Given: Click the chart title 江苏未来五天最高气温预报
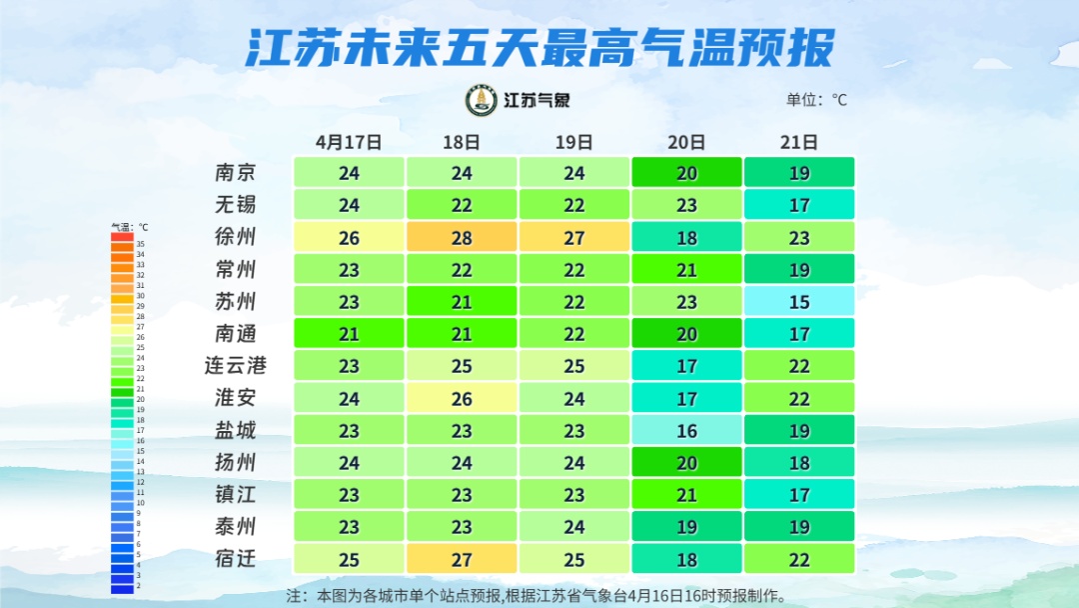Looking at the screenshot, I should [x=539, y=47].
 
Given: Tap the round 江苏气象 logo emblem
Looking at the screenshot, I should [x=482, y=100].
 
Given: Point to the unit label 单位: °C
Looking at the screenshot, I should [x=815, y=100].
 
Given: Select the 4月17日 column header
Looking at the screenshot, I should [x=348, y=142].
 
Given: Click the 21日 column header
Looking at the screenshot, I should [x=799, y=142].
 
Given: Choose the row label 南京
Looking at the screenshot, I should [x=236, y=172].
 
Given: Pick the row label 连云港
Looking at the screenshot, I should [x=236, y=365].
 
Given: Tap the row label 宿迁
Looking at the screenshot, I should [x=236, y=558].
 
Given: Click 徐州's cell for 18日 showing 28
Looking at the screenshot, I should [x=462, y=237].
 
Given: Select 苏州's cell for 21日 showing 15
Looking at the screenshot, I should [x=799, y=301].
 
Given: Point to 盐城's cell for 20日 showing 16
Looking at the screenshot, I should [x=686, y=430].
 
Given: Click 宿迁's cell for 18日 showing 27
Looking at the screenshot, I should [x=462, y=558].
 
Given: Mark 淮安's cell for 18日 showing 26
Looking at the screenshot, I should [x=462, y=398].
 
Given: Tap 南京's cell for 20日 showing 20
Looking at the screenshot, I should [x=686, y=172].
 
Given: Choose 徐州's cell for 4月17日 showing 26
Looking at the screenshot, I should [x=349, y=237].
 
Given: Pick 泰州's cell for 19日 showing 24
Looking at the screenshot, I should [x=574, y=526].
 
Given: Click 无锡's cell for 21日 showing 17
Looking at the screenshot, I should [x=799, y=205].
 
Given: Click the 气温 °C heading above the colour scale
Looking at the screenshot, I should [x=129, y=228].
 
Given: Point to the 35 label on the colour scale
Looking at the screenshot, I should [x=141, y=244].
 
